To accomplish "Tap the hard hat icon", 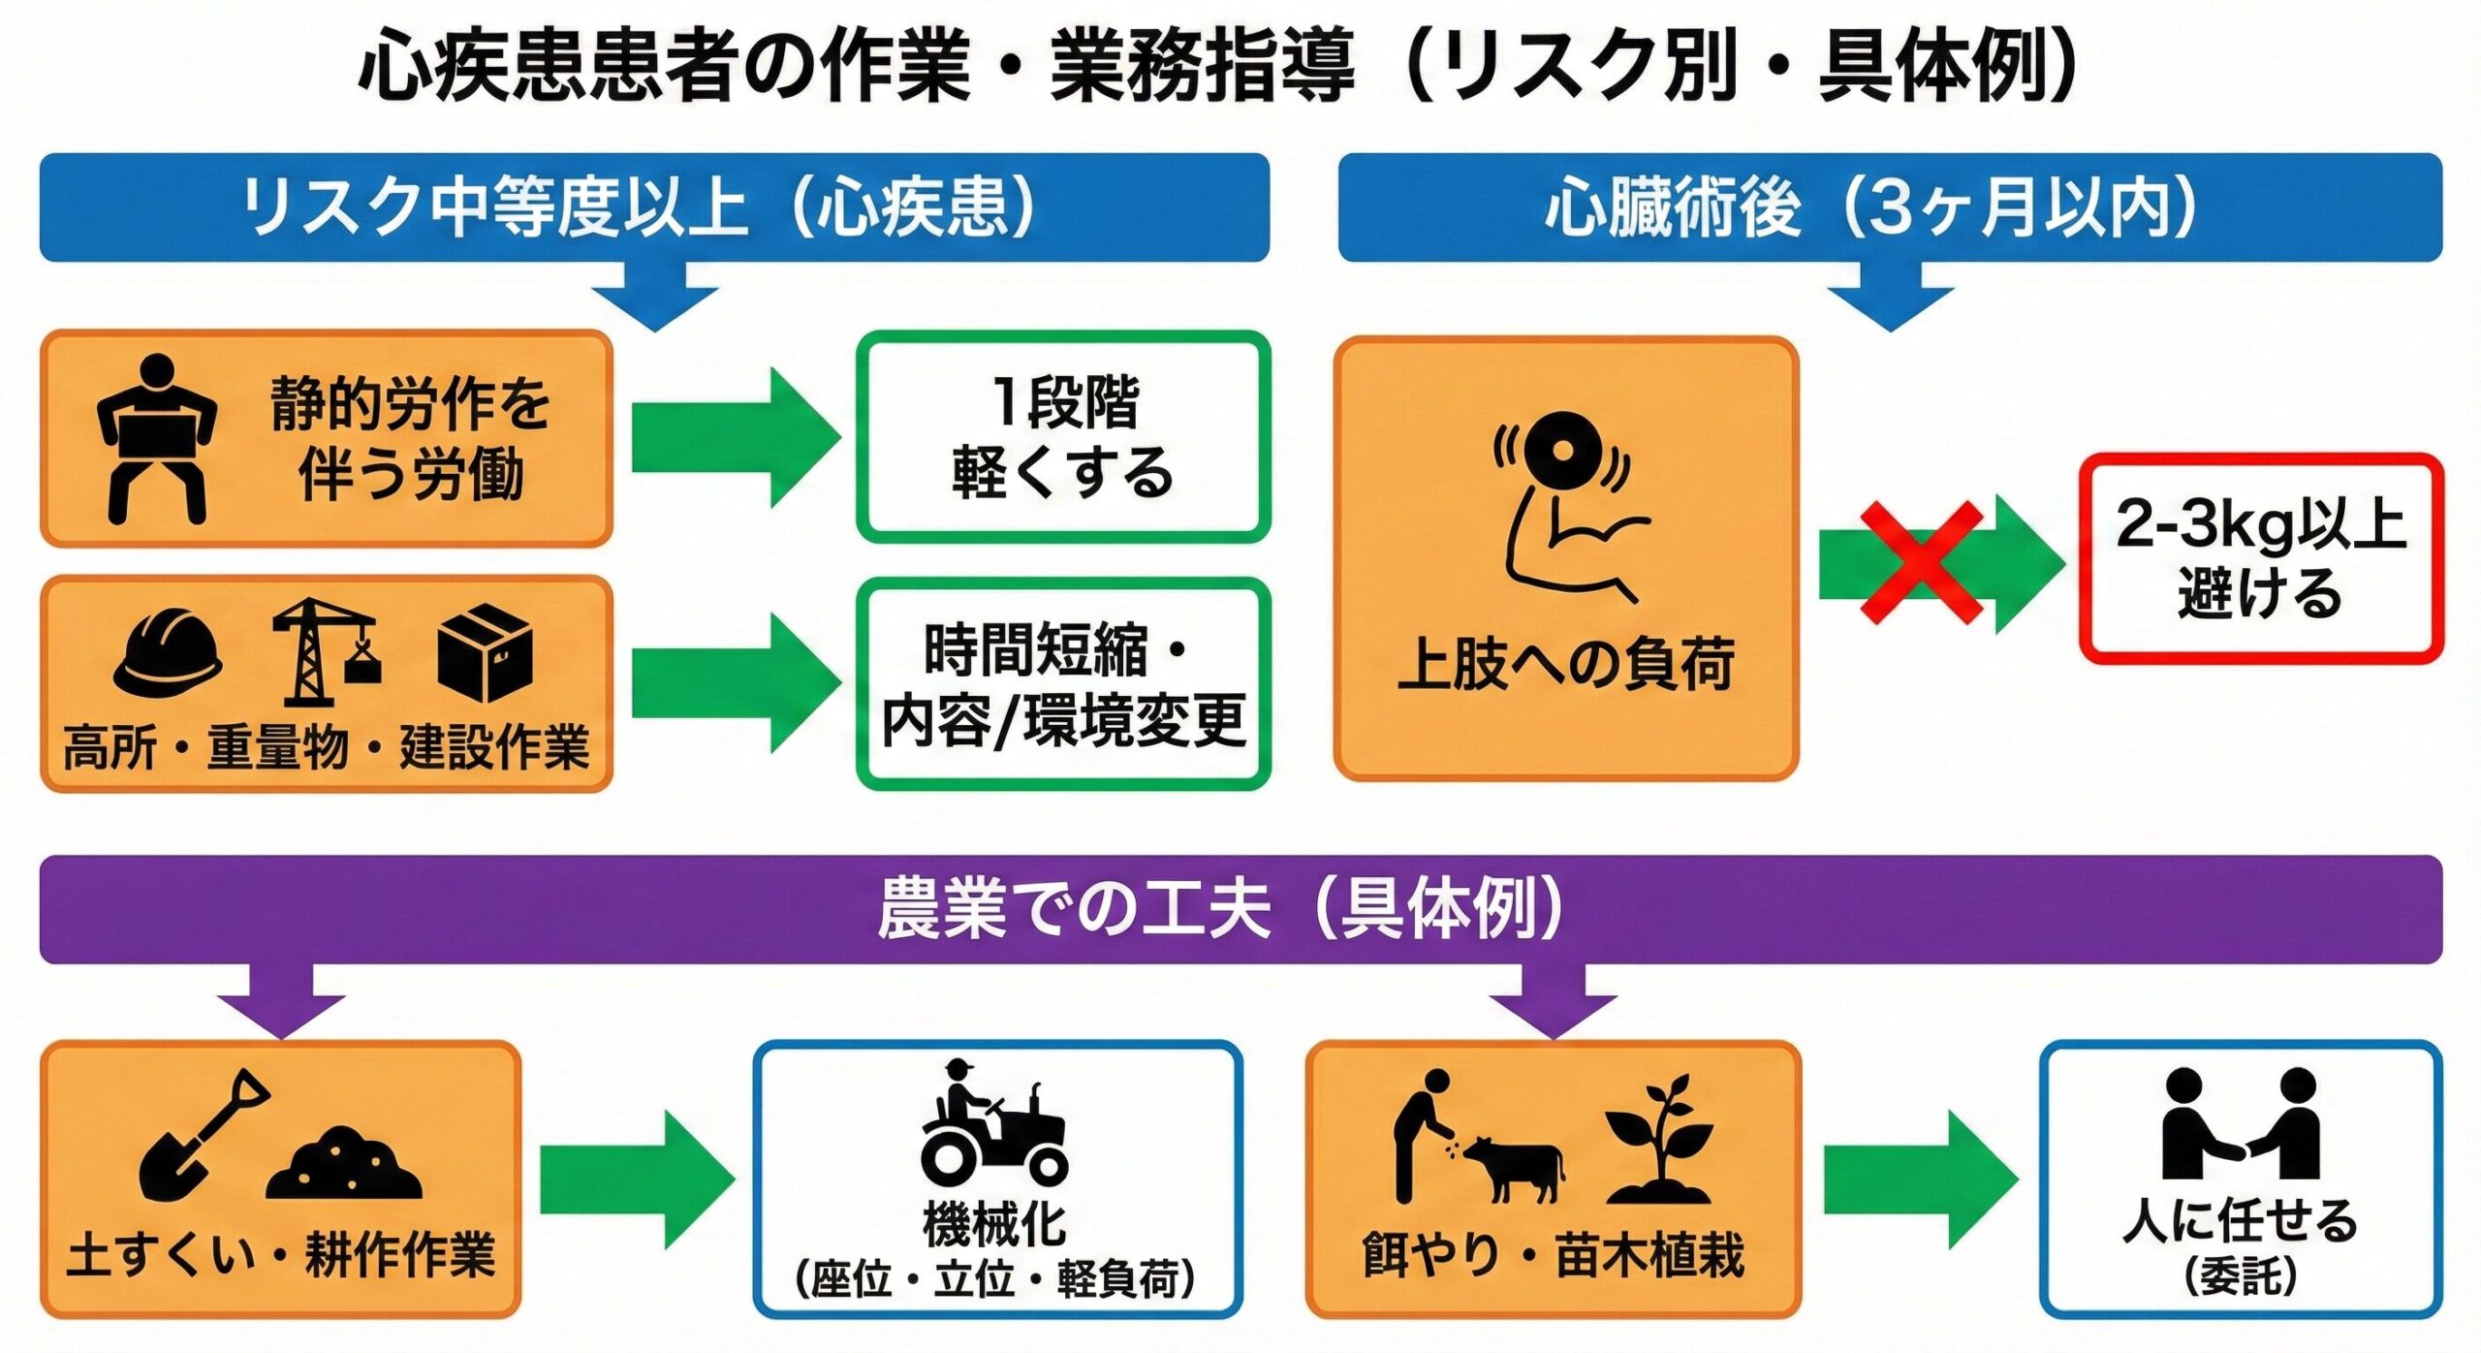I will point(168,653).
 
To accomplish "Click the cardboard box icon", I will point(485,651).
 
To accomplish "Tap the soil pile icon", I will point(344,1164).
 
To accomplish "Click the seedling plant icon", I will point(1658,1139).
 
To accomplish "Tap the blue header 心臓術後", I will point(1673,207).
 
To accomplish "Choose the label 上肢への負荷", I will point(1566,665).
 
